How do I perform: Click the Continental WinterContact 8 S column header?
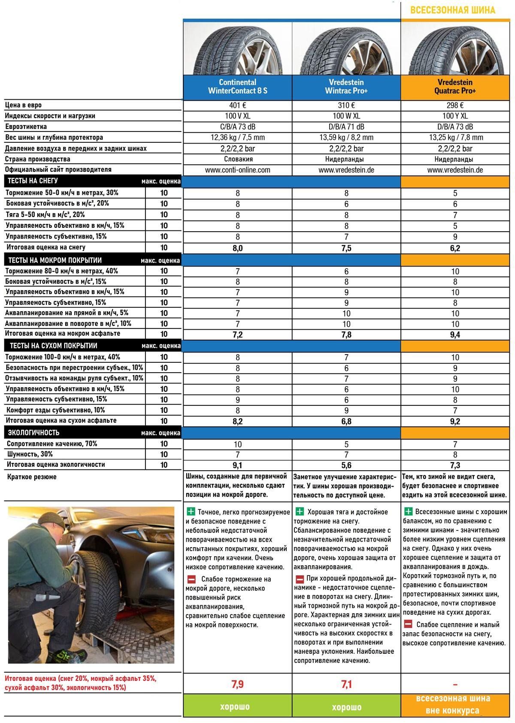point(237,86)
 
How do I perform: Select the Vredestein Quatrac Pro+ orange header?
point(455,86)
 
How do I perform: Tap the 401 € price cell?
point(237,105)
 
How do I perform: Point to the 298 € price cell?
point(455,105)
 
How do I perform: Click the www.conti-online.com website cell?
point(237,170)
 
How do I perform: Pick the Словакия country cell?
point(237,159)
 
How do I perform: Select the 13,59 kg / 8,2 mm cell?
point(346,138)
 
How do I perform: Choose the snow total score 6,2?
point(455,248)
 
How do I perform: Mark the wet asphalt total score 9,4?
point(455,334)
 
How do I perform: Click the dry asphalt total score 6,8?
point(346,421)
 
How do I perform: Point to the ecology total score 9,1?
point(237,465)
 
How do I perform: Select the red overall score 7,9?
point(237,684)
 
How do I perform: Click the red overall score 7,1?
point(346,684)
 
